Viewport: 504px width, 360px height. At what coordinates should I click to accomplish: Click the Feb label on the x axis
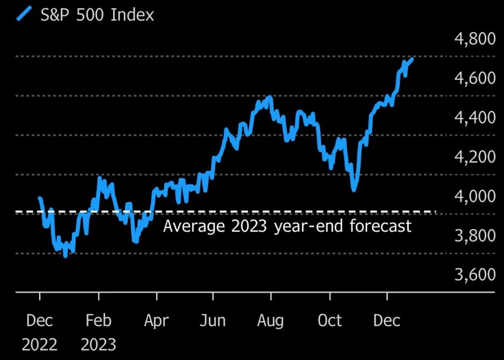(x=98, y=321)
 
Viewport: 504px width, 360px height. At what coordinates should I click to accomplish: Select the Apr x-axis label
(x=157, y=321)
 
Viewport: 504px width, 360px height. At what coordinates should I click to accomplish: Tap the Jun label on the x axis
(x=213, y=321)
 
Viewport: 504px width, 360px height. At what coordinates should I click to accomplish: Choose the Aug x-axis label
(x=270, y=321)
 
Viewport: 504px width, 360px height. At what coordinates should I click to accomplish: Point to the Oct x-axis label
(x=329, y=321)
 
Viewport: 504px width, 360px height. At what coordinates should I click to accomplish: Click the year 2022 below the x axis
(x=39, y=344)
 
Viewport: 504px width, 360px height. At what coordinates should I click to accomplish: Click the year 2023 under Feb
(x=98, y=344)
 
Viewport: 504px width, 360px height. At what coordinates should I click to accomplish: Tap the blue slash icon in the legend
(x=24, y=14)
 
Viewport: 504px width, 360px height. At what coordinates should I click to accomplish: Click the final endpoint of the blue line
(x=412, y=59)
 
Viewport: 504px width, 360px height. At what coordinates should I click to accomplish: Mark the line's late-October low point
(x=353, y=190)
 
